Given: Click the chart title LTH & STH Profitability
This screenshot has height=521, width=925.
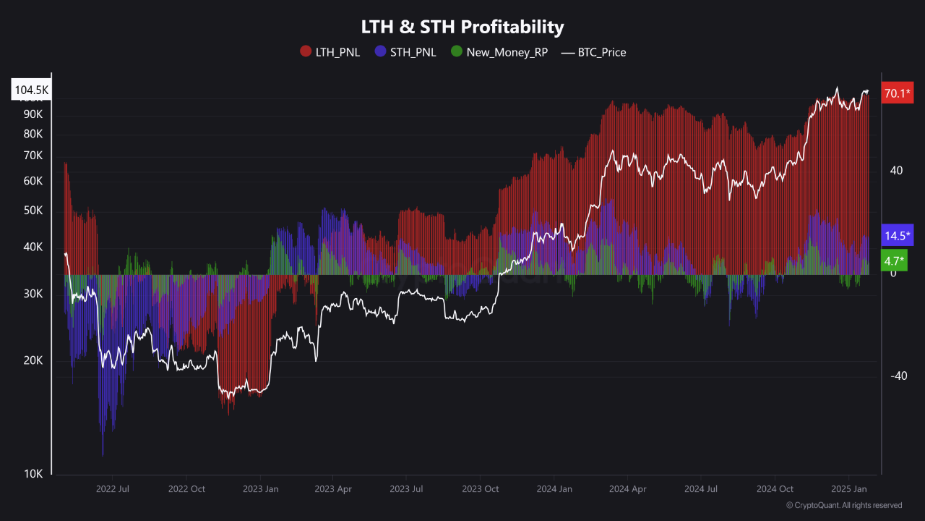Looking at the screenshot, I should point(462,27).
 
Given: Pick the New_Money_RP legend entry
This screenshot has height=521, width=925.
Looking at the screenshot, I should point(499,52).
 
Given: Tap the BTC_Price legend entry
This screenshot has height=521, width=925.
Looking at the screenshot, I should point(593,52).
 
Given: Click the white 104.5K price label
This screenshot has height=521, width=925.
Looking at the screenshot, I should point(31,90).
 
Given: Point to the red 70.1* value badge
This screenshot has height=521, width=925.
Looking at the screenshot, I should point(898,93).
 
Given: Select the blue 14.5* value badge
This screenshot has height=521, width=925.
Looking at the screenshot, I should point(898,236).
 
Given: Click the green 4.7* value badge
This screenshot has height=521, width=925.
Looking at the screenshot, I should point(893,261).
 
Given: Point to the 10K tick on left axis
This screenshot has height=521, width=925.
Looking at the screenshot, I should point(33,474).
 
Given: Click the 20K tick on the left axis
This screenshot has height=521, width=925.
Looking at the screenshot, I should point(33,361).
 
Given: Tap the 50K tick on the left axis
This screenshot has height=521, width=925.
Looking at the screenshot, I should point(33,211).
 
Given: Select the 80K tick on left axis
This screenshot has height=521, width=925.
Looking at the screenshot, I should point(33,134).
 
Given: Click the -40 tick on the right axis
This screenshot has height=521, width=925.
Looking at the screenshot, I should point(898,376).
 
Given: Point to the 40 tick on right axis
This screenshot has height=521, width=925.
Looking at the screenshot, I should point(896,171).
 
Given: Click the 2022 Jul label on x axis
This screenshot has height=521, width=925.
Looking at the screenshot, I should point(112,489).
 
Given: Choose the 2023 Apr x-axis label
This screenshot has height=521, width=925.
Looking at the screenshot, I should point(332,489).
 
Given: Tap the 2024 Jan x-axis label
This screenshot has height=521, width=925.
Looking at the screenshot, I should point(554,489).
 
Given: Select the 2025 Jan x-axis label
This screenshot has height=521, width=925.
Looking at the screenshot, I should point(848,489).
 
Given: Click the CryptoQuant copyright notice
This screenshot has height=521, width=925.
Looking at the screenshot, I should point(843,505).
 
